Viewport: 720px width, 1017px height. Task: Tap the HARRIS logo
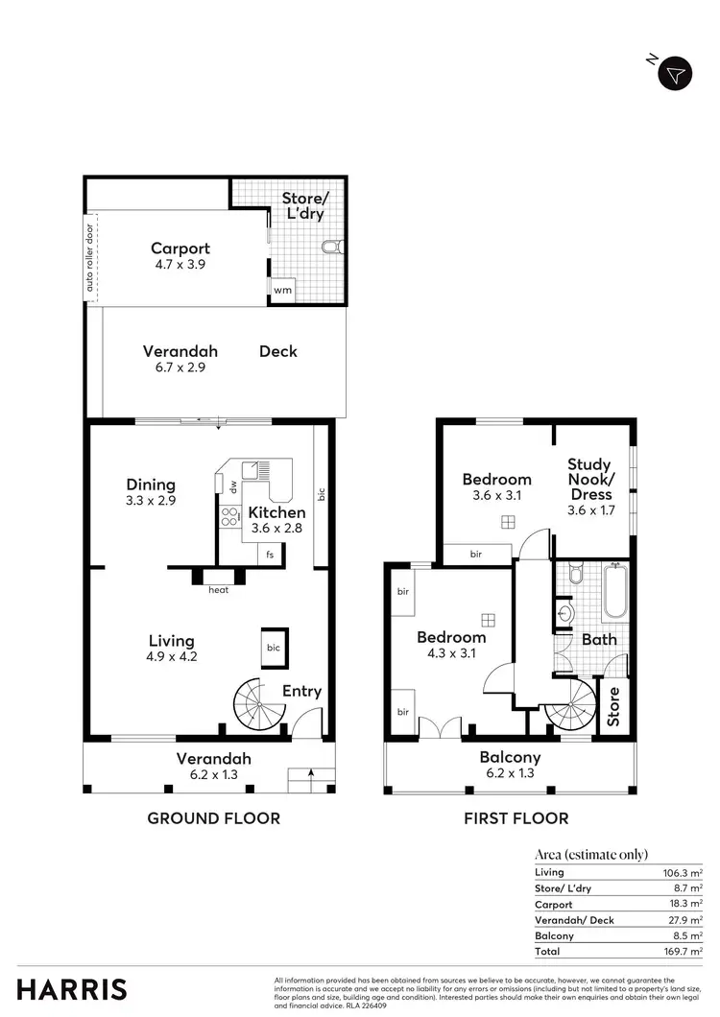click(72, 989)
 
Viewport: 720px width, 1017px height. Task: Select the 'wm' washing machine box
click(282, 290)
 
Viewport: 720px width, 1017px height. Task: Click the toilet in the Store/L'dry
click(332, 248)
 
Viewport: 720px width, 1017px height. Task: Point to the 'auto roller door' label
click(90, 258)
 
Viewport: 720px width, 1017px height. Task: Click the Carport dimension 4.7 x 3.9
click(180, 265)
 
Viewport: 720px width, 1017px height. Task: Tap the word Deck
click(278, 351)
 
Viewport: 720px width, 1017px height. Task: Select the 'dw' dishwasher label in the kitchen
click(232, 486)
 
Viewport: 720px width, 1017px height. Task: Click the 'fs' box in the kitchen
click(270, 554)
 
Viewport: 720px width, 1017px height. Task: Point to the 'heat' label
click(219, 590)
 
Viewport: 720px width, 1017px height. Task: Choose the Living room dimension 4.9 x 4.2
click(172, 657)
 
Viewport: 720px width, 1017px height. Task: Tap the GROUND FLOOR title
click(213, 818)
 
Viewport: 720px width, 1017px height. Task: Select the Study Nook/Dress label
click(590, 479)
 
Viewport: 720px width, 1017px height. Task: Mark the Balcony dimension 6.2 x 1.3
click(510, 773)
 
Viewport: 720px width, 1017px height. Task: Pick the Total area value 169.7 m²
click(684, 951)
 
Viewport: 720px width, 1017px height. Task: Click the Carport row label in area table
click(553, 904)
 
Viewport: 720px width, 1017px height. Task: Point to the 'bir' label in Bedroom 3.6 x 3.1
click(477, 555)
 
